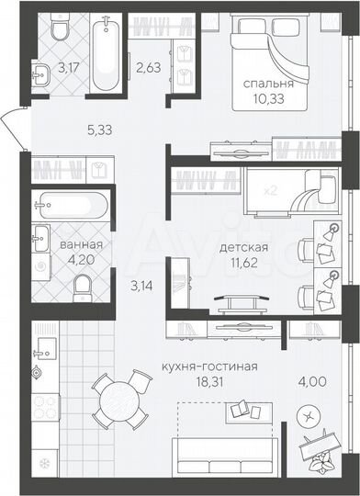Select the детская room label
coord(244,247)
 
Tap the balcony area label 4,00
coord(310,375)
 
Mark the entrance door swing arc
coord(13,121)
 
